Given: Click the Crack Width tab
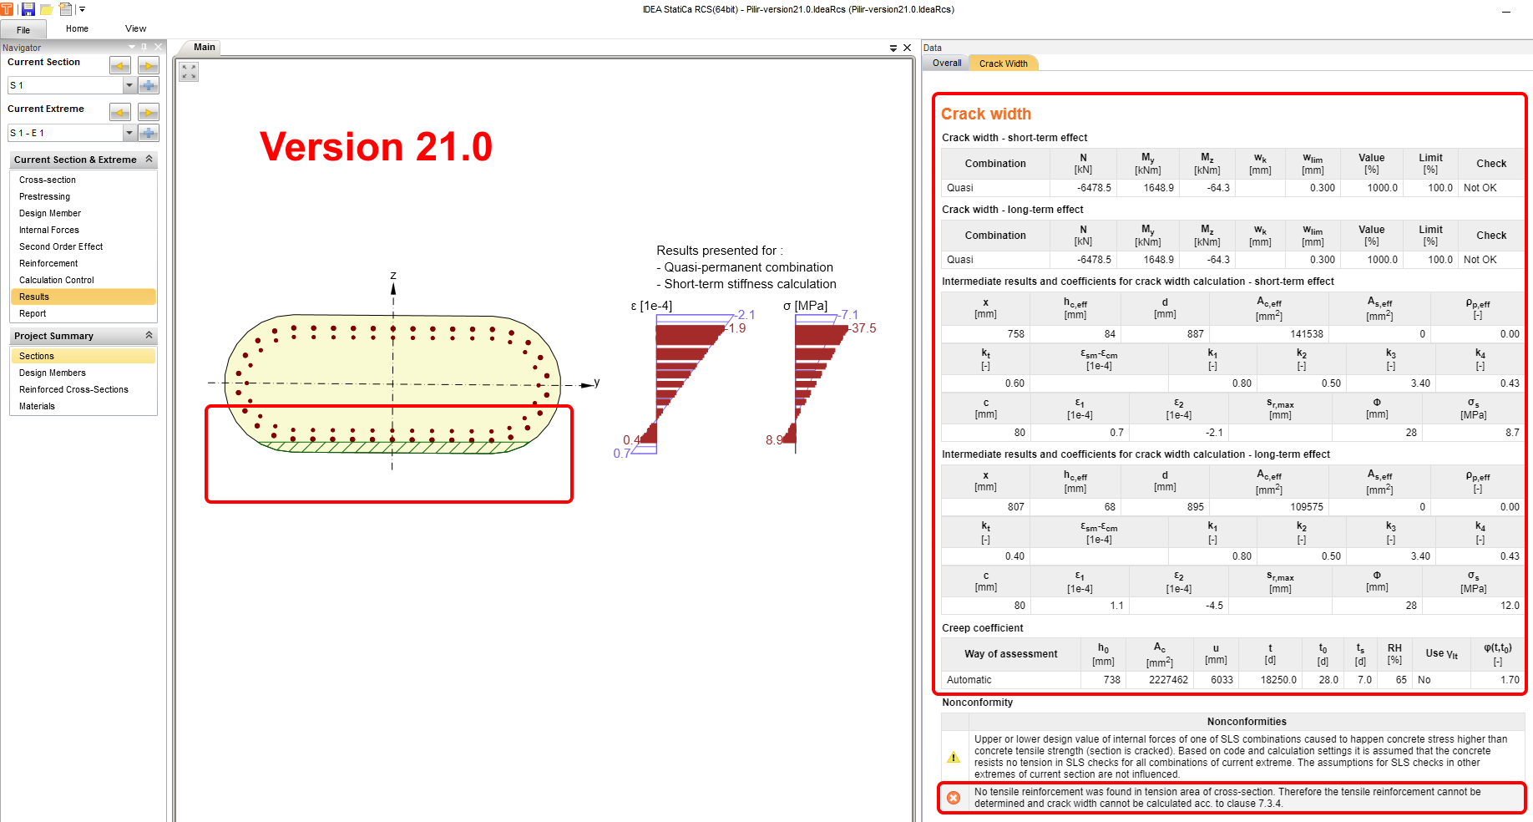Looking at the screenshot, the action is pyautogui.click(x=1003, y=63).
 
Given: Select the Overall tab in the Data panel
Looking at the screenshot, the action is pyautogui.click(x=947, y=63).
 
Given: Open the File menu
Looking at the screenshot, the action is pyautogui.click(x=23, y=30).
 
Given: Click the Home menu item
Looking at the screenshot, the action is pyautogui.click(x=77, y=29).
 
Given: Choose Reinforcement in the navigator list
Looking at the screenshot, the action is pyautogui.click(x=48, y=264).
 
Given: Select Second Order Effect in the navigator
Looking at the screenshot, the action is pyautogui.click(x=61, y=247).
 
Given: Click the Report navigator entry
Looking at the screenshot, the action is pyautogui.click(x=33, y=314).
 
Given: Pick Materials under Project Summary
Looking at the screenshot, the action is pyautogui.click(x=37, y=407).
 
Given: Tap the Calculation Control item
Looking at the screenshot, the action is pyautogui.click(x=57, y=281).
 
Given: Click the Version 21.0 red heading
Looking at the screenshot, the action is pyautogui.click(x=376, y=147).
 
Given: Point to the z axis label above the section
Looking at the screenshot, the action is pyautogui.click(x=393, y=276).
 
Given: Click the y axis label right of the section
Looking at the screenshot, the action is pyautogui.click(x=596, y=383).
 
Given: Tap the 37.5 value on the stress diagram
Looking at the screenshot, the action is pyautogui.click(x=864, y=328).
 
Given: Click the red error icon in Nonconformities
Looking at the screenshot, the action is pyautogui.click(x=954, y=798).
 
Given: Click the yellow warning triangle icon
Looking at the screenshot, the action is pyautogui.click(x=954, y=757).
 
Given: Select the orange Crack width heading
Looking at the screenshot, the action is pyautogui.click(x=986, y=114).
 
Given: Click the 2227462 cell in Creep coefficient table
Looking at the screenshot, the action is pyautogui.click(x=1168, y=680).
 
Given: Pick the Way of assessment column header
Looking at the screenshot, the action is pyautogui.click(x=1010, y=654).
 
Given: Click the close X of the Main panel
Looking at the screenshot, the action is pyautogui.click(x=908, y=48).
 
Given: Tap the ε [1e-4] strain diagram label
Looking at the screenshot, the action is pyautogui.click(x=651, y=307).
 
